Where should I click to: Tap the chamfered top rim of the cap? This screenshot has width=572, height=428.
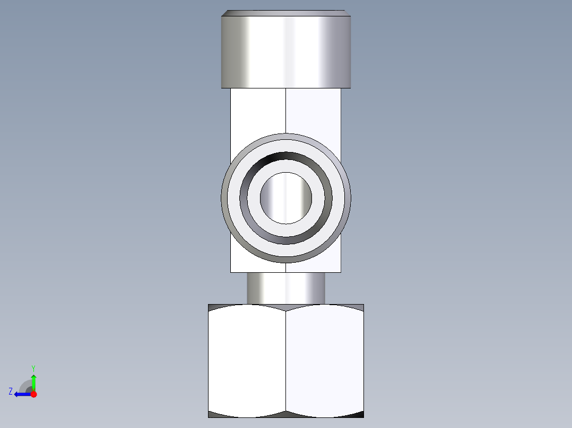tap(285, 13)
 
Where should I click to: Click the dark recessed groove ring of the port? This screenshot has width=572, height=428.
tap(285, 157)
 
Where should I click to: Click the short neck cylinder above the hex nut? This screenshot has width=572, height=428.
tap(285, 288)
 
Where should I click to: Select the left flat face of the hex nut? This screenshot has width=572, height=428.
tap(247, 360)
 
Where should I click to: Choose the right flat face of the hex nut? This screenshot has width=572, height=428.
tap(325, 360)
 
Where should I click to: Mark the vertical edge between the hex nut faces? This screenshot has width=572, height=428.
tap(286, 360)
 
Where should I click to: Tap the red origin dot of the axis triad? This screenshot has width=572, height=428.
tap(33, 394)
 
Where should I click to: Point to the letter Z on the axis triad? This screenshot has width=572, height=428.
tap(11, 391)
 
